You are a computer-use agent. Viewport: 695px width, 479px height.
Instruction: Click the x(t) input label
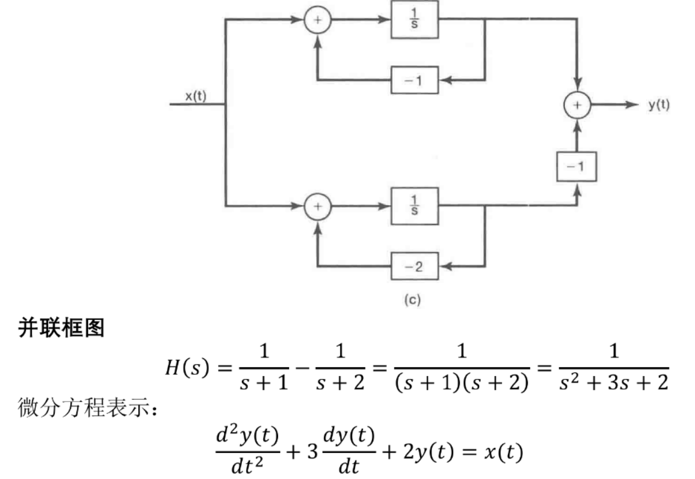click(195, 96)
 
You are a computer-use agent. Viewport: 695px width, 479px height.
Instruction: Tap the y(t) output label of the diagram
click(659, 105)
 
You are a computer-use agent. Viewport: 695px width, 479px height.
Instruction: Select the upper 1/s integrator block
click(415, 20)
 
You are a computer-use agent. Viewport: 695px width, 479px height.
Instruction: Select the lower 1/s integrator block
click(415, 206)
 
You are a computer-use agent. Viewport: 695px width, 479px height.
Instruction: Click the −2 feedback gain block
click(415, 266)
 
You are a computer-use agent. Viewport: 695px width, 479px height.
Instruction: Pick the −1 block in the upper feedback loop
click(415, 80)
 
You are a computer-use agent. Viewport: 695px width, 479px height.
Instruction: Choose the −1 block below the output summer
click(576, 167)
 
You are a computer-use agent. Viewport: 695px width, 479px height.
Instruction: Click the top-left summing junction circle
click(318, 20)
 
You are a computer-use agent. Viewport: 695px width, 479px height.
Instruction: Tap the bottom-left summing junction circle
click(318, 206)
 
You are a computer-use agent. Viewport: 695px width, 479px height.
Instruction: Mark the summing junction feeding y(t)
click(577, 105)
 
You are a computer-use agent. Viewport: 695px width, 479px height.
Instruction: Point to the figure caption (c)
click(412, 300)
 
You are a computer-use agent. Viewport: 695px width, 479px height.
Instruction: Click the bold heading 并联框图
click(61, 328)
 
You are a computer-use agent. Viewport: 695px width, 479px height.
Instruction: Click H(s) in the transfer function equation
click(186, 367)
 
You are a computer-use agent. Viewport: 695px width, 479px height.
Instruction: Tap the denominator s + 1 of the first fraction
click(264, 383)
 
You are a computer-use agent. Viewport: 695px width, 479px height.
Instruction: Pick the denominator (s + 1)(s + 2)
click(462, 383)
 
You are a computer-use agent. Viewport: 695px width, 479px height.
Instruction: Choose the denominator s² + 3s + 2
click(614, 382)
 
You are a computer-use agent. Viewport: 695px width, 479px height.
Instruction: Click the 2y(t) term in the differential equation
click(429, 452)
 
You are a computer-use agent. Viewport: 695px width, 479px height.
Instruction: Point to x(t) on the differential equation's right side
click(503, 452)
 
